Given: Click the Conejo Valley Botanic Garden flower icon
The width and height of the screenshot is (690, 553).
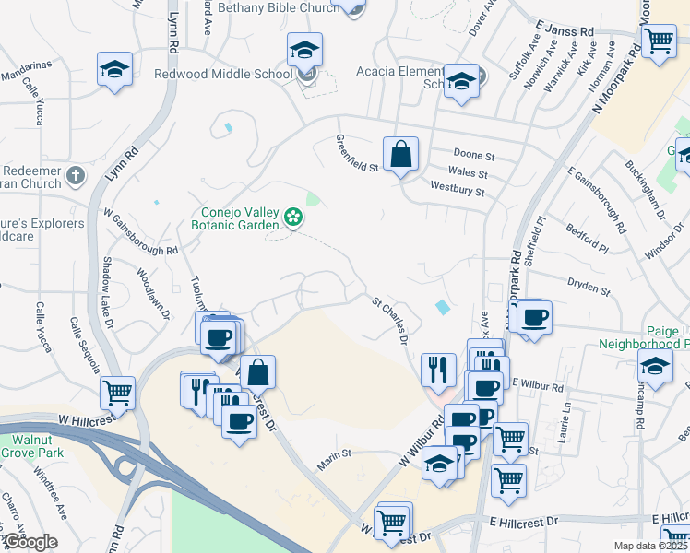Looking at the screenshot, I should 293,218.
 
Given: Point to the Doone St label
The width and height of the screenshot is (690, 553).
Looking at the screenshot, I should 474,154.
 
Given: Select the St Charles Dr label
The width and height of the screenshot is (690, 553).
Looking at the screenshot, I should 390,320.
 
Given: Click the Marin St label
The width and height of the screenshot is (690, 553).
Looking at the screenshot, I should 335,454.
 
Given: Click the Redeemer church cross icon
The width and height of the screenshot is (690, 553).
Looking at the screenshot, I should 76,174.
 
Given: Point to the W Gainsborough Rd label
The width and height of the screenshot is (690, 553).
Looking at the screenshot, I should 141,236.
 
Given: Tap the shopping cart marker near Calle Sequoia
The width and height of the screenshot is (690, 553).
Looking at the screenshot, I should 118,393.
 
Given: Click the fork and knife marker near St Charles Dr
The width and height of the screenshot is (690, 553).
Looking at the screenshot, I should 438,369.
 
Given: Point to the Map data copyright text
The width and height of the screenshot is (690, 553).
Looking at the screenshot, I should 650,546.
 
